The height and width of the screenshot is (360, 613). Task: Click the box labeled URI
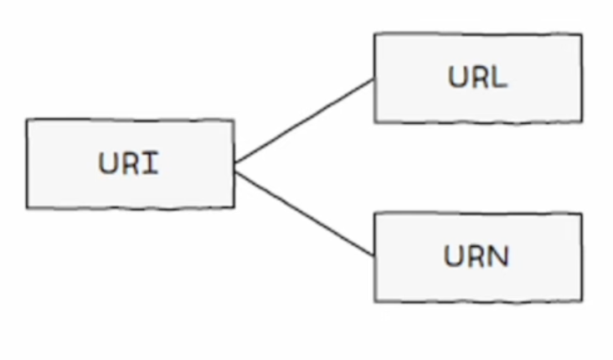pos(131,164)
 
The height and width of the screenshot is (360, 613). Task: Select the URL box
pos(478,78)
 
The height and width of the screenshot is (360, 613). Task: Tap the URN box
pos(478,257)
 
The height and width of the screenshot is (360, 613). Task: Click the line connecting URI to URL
pos(305,121)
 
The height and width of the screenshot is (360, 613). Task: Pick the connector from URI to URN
pos(305,213)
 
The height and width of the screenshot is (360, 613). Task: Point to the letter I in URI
pos(152,163)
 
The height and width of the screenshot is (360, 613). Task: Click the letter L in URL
pos(498,77)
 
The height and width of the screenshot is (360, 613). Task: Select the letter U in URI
pos(108,163)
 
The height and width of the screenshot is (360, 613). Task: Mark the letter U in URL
pos(457,77)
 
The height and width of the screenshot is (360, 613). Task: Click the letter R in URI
pos(131,163)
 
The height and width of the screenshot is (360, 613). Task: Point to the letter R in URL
pos(478,77)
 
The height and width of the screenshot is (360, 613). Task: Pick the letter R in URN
pos(476,256)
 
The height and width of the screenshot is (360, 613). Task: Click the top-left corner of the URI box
pos(27,119)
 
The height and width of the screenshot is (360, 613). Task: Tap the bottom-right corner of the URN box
pos(583,301)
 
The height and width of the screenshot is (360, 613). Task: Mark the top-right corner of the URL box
pos(583,34)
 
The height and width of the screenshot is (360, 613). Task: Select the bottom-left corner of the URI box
pos(27,208)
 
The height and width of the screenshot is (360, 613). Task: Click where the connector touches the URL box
pos(374,79)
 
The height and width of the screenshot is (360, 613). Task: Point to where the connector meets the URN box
pos(374,256)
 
